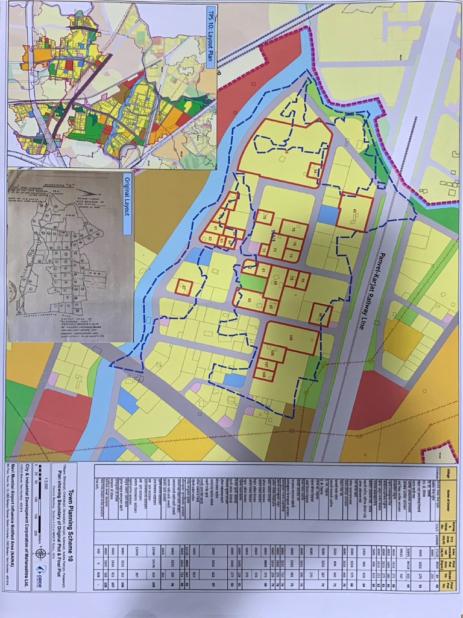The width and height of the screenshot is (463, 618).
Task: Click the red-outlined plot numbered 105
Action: [292, 337]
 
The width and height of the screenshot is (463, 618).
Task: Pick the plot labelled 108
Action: [264, 374]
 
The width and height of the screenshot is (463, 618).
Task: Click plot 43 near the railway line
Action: [356, 211]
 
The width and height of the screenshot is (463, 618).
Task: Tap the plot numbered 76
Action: [294, 230]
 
